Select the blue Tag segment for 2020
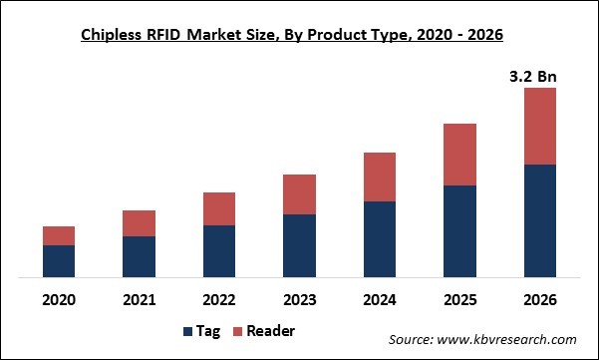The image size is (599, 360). coord(59,261)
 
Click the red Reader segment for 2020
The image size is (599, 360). coord(59,235)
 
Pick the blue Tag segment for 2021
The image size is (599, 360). coord(139,256)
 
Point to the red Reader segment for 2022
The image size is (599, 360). coord(219,208)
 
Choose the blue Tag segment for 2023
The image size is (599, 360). coord(299,245)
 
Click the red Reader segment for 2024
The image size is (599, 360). coord(380,177)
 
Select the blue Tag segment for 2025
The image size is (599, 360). coord(459,231)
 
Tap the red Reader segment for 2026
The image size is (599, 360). coord(539,126)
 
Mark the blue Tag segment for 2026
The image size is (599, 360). coord(539,220)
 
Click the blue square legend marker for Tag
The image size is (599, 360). coord(189,331)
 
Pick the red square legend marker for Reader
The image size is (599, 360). coord(236,331)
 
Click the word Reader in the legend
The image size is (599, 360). coord(270,331)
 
